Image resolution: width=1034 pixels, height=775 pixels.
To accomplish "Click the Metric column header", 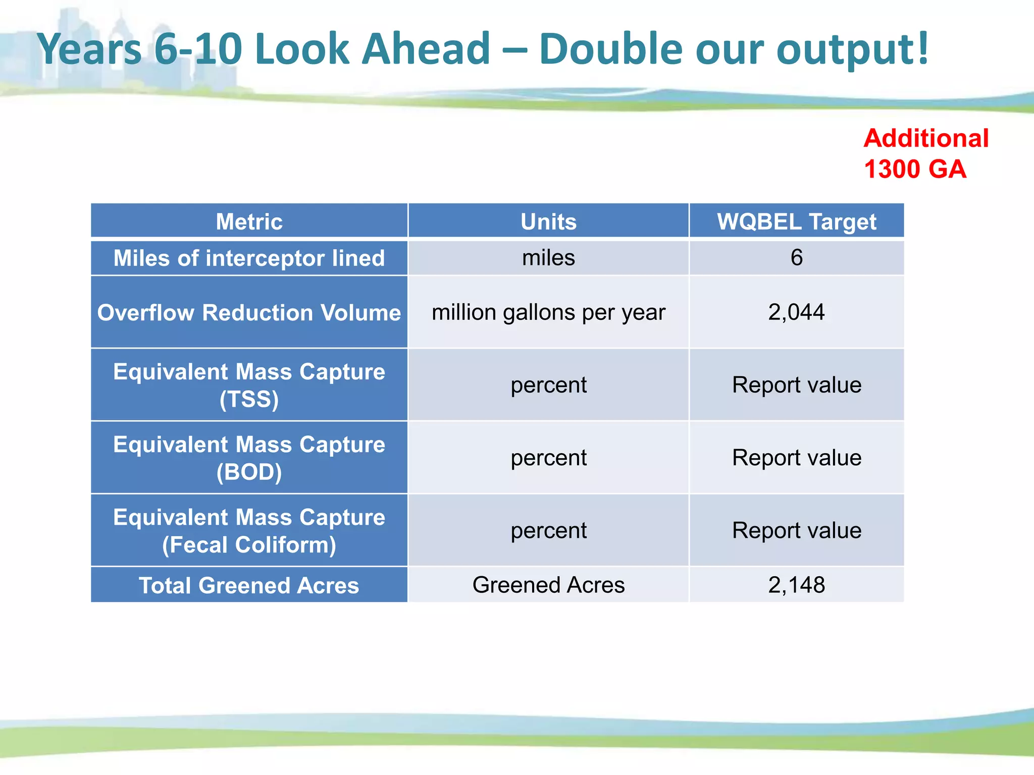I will tap(249, 222).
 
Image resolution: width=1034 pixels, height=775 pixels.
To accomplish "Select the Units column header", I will tap(548, 222).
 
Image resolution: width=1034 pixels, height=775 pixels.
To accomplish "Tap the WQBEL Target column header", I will tap(796, 222).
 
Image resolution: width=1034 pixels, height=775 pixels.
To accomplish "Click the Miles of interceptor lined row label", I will tap(249, 258).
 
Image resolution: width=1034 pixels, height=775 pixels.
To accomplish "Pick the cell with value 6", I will tap(796, 258).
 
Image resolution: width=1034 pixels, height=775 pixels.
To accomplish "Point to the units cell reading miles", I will tap(548, 258).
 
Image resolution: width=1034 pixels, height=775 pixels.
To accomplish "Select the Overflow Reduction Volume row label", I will tap(249, 312).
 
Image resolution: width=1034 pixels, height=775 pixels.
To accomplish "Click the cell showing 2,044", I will tap(796, 312).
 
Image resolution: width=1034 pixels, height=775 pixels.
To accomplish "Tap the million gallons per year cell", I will tap(548, 312).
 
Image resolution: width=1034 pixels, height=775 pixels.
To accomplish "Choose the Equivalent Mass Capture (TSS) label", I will tap(249, 385).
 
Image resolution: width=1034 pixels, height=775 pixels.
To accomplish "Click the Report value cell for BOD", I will tap(796, 458).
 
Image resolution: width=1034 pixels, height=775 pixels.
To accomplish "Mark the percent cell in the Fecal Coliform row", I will tap(548, 530).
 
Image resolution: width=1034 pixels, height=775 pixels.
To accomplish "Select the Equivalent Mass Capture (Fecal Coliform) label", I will tap(249, 531).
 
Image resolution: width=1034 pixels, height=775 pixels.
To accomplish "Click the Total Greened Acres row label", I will tap(249, 585).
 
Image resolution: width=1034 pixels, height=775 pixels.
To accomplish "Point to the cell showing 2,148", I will tap(796, 585).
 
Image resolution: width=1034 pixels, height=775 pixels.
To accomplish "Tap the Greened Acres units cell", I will tap(548, 585).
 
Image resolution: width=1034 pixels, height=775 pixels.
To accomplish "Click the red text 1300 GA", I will tap(914, 169).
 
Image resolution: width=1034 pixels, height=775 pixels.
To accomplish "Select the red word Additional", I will tap(925, 138).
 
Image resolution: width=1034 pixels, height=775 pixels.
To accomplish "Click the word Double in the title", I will tap(610, 49).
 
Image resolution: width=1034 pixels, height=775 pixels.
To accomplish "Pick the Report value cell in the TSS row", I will tap(796, 385).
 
